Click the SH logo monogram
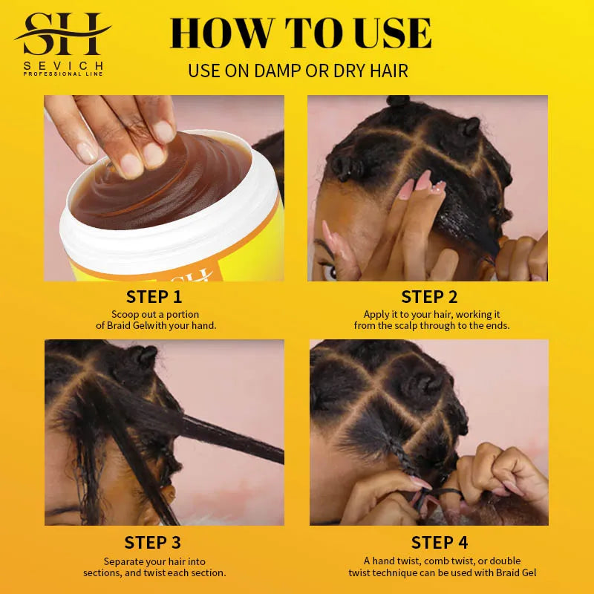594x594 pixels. click(x=63, y=34)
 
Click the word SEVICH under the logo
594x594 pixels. click(x=63, y=65)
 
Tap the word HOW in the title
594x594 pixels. click(x=212, y=33)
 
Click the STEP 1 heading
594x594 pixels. click(x=154, y=297)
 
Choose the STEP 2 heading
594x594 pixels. click(x=429, y=297)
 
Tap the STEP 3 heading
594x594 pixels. click(x=153, y=543)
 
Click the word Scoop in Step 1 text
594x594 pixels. click(x=125, y=315)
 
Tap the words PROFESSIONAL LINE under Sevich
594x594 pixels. click(x=63, y=74)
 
